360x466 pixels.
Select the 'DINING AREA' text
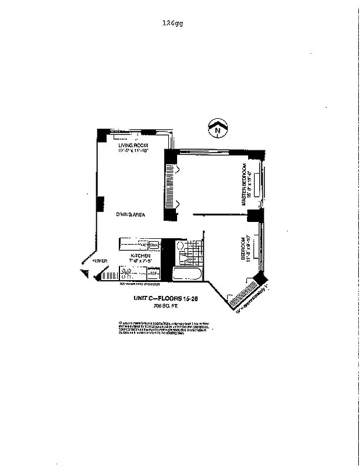(x=130, y=215)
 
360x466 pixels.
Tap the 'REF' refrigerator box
(x=153, y=272)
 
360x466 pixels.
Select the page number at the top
(x=174, y=23)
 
